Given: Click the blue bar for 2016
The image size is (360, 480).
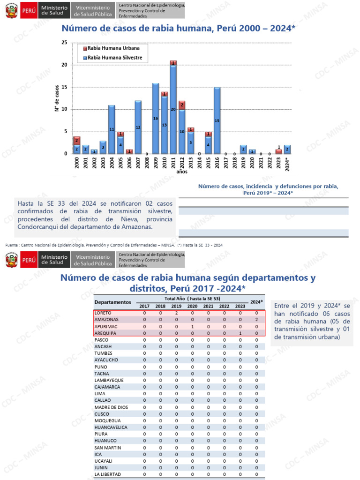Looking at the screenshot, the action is click(217, 120).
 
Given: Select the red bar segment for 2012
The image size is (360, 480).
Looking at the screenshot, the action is click(182, 105).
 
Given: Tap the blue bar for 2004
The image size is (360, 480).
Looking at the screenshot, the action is click(112, 129).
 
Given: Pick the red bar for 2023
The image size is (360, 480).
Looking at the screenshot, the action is click(278, 151).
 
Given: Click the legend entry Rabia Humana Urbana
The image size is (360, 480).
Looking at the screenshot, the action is click(112, 48).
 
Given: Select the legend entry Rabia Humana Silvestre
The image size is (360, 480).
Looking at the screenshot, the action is click(112, 58).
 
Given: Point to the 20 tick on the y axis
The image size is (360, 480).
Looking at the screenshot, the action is click(64, 65).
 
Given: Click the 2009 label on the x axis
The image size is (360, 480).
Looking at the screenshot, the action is click(156, 163).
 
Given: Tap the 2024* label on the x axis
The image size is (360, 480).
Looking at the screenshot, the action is click(287, 164).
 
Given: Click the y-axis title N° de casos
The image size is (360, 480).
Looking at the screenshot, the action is click(57, 98).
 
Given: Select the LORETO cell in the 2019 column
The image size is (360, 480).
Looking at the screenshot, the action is click(176, 313).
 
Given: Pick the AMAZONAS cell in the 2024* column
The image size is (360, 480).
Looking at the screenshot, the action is click(256, 320).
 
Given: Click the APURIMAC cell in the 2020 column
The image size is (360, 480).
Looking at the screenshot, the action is click(192, 327).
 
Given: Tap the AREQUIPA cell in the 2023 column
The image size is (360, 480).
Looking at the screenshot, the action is click(240, 333).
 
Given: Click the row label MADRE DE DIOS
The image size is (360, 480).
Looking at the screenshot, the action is click(111, 407).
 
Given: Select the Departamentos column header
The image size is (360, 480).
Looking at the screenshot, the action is click(112, 302).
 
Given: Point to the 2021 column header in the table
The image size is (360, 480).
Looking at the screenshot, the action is click(208, 306).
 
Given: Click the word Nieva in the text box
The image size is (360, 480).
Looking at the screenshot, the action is click(129, 219).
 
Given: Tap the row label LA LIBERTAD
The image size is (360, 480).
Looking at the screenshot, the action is click(107, 474).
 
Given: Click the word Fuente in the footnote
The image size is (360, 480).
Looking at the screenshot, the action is click(11, 245).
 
